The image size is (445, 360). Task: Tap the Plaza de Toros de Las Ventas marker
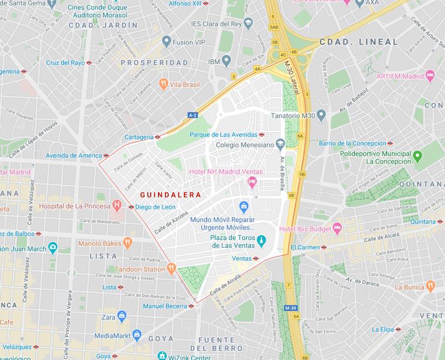coord(261,241)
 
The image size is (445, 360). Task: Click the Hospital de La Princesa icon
coord(115,206)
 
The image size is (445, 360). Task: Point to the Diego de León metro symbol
coord(131,207)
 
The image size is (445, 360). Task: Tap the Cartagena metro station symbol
coord(157,137)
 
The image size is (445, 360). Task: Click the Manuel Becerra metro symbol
coord(191,305)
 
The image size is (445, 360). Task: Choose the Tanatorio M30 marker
coord(321,115)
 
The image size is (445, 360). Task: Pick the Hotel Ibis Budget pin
coord(337,229)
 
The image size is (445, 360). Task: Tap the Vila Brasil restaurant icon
coord(162,85)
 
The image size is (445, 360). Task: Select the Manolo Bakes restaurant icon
coord(127,243)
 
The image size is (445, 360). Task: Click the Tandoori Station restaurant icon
coord(171,269)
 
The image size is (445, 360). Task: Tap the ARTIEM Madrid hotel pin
coord(429,76)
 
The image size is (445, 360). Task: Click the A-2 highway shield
coord(192,115)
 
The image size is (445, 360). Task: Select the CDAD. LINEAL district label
coord(359,42)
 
